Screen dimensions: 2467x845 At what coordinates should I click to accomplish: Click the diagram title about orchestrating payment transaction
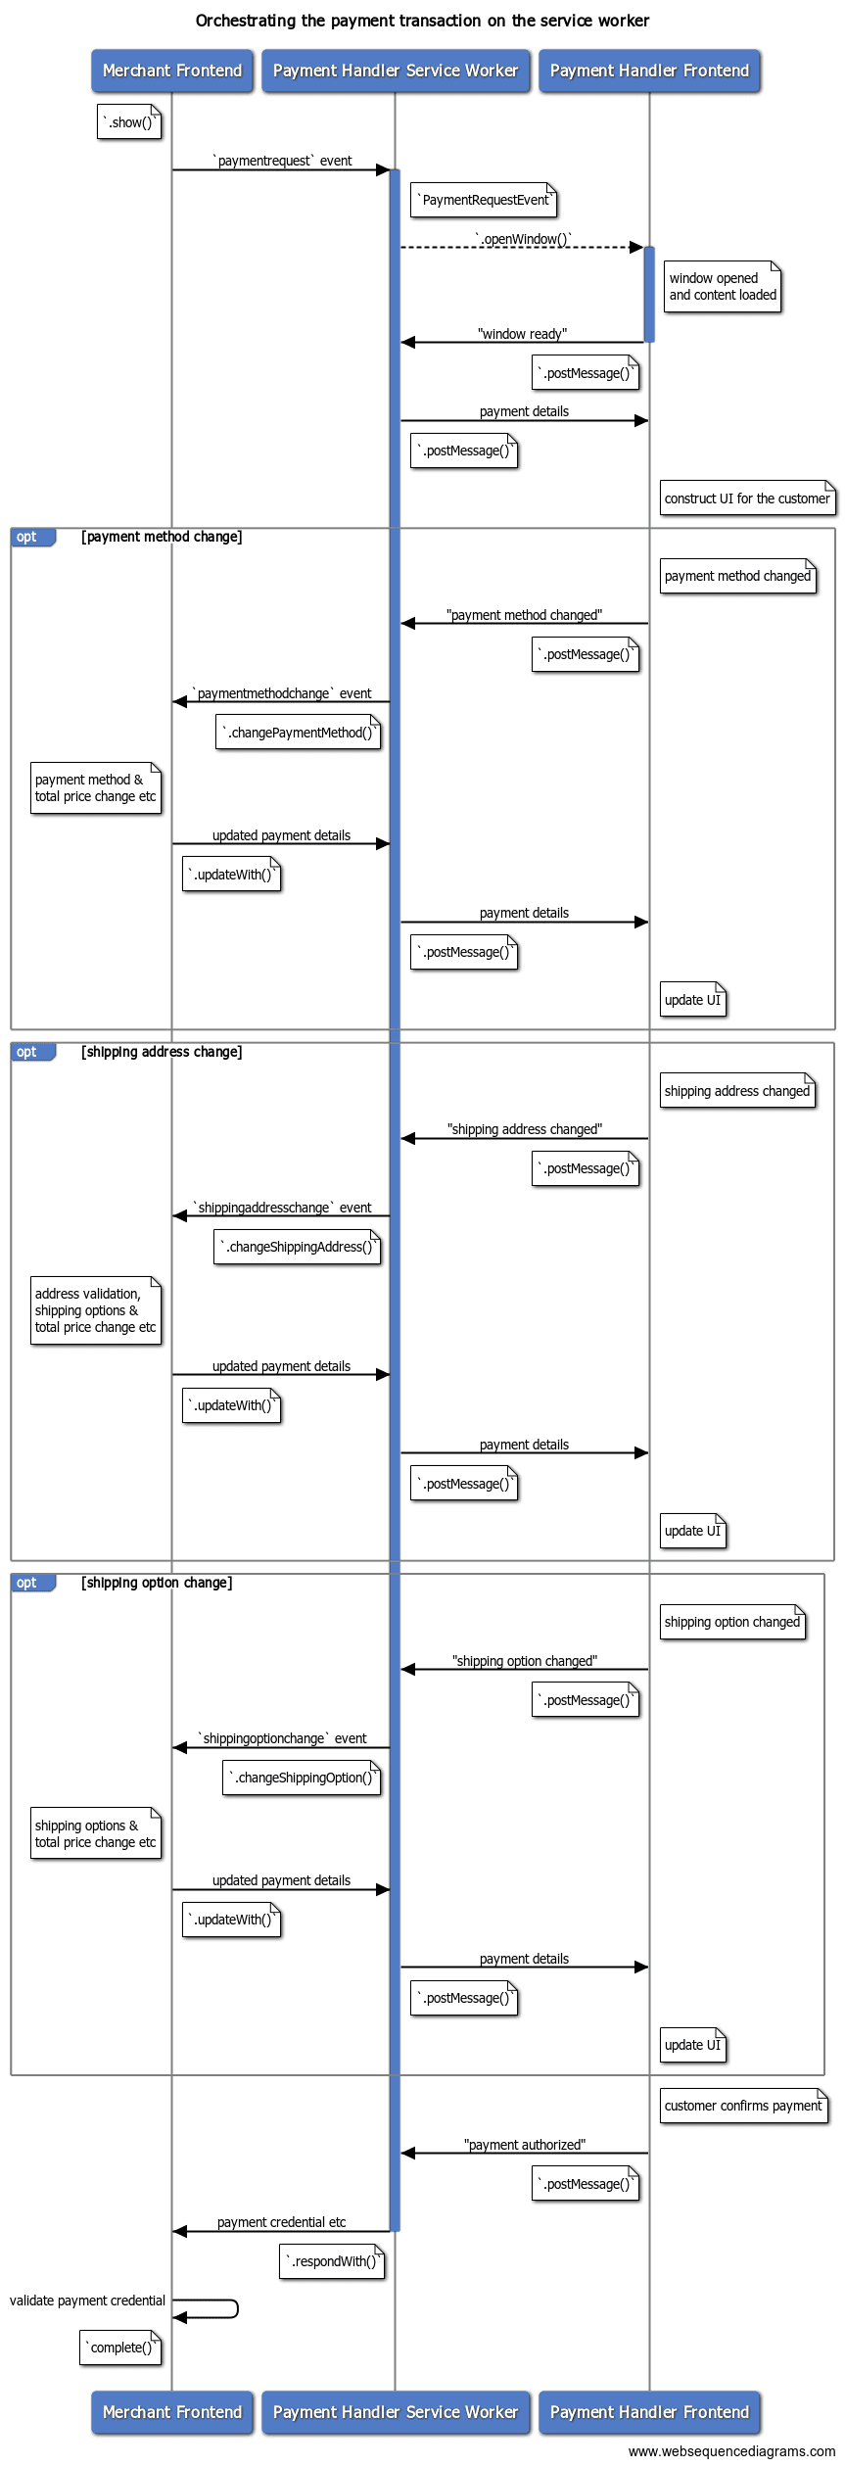pos(422,21)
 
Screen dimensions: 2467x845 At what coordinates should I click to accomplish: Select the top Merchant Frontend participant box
pos(172,71)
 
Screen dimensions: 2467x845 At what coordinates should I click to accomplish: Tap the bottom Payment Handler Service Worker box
pos(396,2411)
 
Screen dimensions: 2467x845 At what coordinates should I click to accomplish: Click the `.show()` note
pos(129,122)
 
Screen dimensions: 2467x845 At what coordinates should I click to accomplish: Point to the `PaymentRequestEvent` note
pos(484,200)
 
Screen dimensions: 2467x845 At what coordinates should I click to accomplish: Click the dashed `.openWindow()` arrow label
pos(523,239)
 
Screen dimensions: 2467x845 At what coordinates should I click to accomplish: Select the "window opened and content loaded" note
pos(723,287)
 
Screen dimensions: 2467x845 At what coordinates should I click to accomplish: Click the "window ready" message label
pos(522,334)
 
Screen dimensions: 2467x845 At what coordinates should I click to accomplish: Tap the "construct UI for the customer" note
pos(747,498)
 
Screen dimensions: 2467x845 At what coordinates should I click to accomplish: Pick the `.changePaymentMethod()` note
pos(298,733)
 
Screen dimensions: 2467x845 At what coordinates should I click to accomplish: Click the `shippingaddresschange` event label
pos(282,1208)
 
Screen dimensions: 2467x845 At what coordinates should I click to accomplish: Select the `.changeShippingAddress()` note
pos(297,1247)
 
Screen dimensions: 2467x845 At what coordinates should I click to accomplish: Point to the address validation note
pos(95,1310)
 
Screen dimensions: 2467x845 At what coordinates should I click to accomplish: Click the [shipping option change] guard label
pos(157,1583)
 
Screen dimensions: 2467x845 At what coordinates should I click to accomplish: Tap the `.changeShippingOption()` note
pos(301,1778)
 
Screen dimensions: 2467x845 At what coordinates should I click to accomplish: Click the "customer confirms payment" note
pos(743,2106)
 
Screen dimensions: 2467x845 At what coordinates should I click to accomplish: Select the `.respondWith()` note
pos(332,2261)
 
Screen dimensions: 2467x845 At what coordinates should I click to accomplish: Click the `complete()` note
pos(120,2348)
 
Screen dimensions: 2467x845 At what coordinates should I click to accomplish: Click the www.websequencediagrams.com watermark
pos(731,2451)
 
